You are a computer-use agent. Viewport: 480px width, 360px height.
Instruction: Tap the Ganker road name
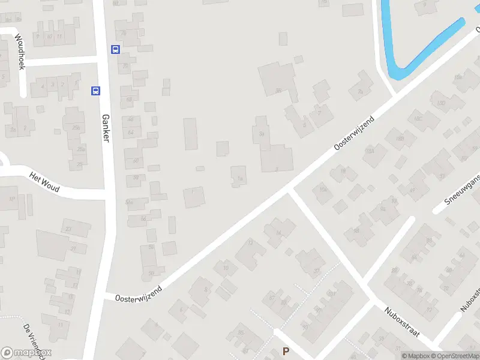106,128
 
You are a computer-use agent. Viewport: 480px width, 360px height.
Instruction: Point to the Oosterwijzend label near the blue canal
355,133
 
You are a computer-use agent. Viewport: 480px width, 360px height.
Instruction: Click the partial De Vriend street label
33,340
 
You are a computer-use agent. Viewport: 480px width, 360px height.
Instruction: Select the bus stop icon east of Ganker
115,50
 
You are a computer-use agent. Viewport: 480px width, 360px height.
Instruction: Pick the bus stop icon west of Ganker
95,91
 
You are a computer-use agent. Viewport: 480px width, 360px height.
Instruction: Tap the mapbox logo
26,353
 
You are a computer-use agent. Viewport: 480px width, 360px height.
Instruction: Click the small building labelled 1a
239,176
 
